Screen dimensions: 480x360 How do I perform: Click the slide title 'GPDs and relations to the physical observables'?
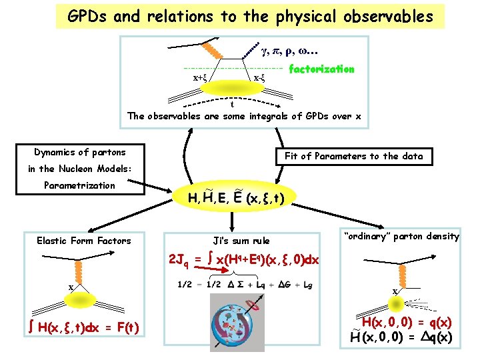250,16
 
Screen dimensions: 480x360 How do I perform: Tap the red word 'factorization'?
321,69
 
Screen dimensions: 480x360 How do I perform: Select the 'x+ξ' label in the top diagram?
199,77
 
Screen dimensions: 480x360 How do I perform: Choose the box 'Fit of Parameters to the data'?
353,156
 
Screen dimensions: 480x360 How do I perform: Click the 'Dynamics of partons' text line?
81,152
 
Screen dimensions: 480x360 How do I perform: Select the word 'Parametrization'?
79,185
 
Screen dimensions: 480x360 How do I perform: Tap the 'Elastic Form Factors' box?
84,241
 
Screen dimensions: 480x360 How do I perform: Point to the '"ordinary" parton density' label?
401,236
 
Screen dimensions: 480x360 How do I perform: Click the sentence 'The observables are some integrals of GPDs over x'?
245,116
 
